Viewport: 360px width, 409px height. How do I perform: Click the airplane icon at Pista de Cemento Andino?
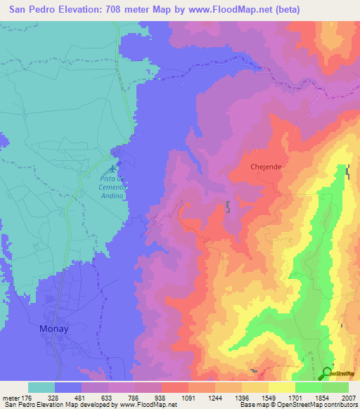[110, 169]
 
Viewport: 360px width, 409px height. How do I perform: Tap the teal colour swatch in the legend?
[41, 387]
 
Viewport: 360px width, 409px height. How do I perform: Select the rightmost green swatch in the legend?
[335, 387]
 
